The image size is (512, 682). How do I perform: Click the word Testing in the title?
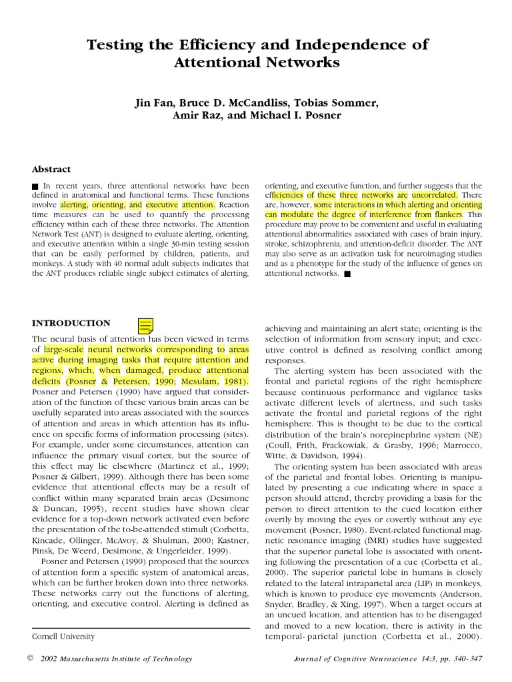(x=115, y=45)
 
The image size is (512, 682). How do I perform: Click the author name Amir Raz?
(x=195, y=115)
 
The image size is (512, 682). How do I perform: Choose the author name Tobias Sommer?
(x=339, y=103)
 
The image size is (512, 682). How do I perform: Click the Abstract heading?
(x=52, y=169)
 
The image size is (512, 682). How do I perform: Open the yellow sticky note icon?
(x=145, y=325)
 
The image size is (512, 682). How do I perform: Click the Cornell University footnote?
(x=63, y=636)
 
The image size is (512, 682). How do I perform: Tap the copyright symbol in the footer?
(x=29, y=658)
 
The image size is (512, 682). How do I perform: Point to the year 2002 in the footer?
(x=51, y=659)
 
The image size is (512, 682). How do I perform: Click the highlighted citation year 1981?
(x=231, y=382)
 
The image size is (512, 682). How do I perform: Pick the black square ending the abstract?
(x=347, y=274)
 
